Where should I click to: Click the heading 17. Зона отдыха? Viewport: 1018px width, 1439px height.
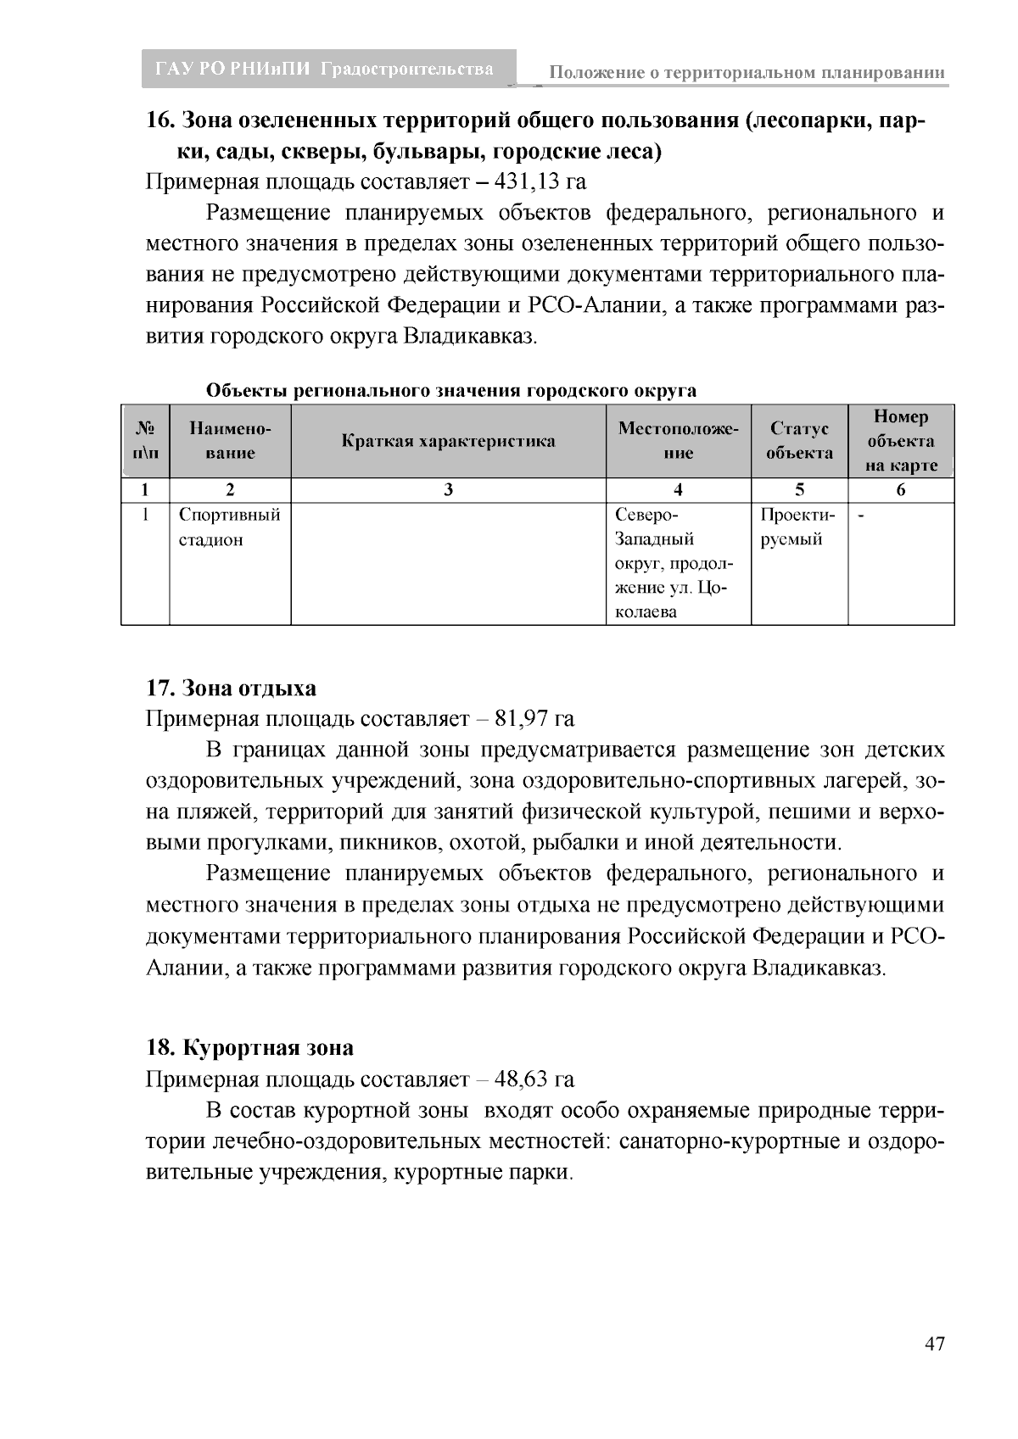pos(231,688)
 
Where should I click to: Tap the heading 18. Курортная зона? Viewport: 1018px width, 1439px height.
pos(249,1048)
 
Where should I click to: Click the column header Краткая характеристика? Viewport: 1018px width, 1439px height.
pos(448,441)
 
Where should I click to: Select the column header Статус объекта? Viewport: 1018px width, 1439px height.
pos(799,441)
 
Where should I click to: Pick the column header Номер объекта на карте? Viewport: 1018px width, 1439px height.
pos(901,441)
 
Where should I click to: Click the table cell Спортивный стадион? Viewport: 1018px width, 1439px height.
pos(229,527)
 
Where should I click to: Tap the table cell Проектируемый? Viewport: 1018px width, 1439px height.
pos(797,527)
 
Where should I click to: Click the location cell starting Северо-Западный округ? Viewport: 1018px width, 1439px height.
pos(676,563)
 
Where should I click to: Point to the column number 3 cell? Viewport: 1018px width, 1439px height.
pos(448,490)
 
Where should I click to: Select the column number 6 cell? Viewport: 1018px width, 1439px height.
pos(901,490)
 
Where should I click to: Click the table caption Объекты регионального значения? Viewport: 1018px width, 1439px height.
pos(450,391)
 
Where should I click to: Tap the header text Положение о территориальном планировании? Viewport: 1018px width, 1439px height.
pos(747,73)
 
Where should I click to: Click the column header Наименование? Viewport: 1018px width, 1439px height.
pos(230,441)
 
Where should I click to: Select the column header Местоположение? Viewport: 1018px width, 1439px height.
pos(678,441)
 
